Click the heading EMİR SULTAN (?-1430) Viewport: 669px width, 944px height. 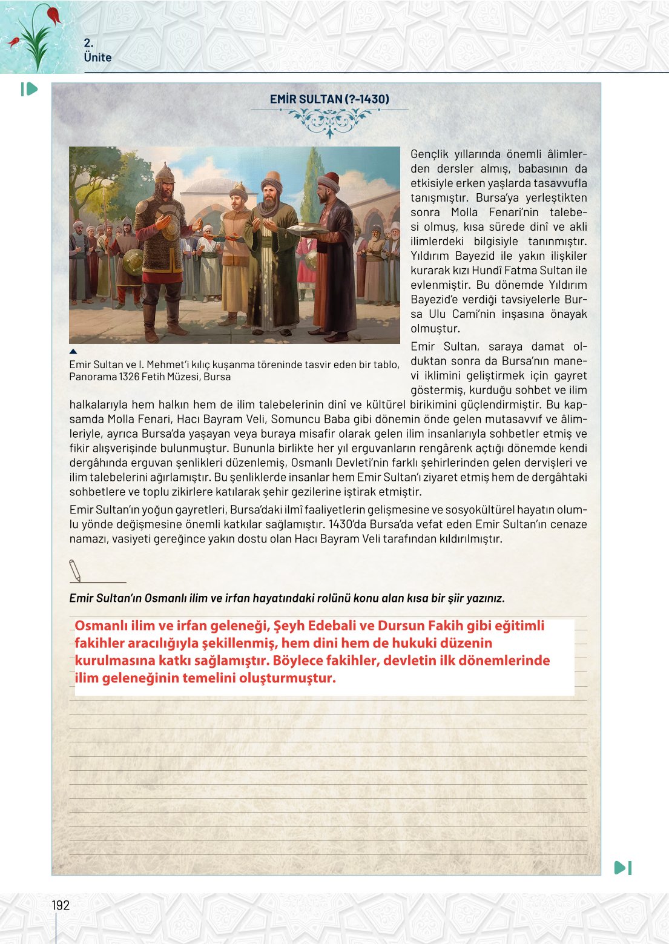tap(329, 99)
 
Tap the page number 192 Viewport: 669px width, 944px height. tap(61, 905)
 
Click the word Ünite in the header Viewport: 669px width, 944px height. tap(97, 58)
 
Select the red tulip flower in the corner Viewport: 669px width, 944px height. tap(53, 14)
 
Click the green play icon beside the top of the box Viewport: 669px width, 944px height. tap(29, 89)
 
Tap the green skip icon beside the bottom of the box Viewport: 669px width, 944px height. tap(623, 868)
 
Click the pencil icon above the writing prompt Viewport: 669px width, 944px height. tap(75, 570)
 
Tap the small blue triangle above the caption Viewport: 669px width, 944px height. tap(73, 351)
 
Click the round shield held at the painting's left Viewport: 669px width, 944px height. tap(133, 261)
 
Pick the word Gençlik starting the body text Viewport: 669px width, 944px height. tap(429, 154)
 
